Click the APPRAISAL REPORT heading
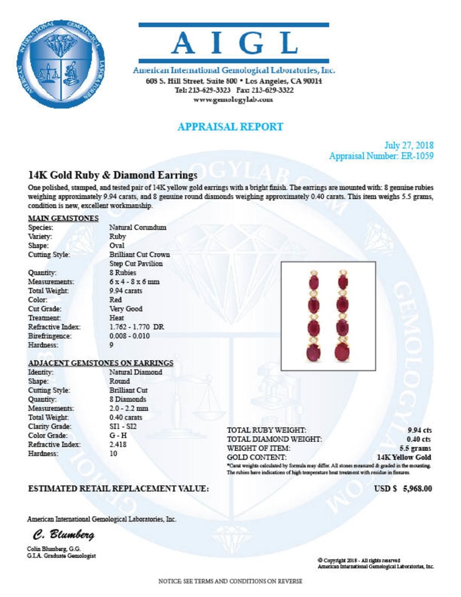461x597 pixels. tap(230, 126)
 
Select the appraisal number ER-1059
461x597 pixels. tap(415, 156)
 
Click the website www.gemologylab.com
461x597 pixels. tap(233, 100)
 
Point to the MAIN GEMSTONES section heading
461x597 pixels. tap(63, 218)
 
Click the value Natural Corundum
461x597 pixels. tap(138, 227)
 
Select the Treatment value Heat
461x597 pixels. tap(117, 317)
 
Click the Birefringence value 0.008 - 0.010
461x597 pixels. tap(129, 336)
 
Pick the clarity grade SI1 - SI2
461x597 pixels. tap(124, 426)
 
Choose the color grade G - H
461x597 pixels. tap(118, 435)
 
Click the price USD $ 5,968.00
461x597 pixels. tap(404, 488)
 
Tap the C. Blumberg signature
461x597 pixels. tap(63, 535)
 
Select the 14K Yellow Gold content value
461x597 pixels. tap(404, 457)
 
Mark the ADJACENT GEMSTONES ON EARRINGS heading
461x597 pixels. tap(100, 363)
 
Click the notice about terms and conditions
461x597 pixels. tap(230, 581)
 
